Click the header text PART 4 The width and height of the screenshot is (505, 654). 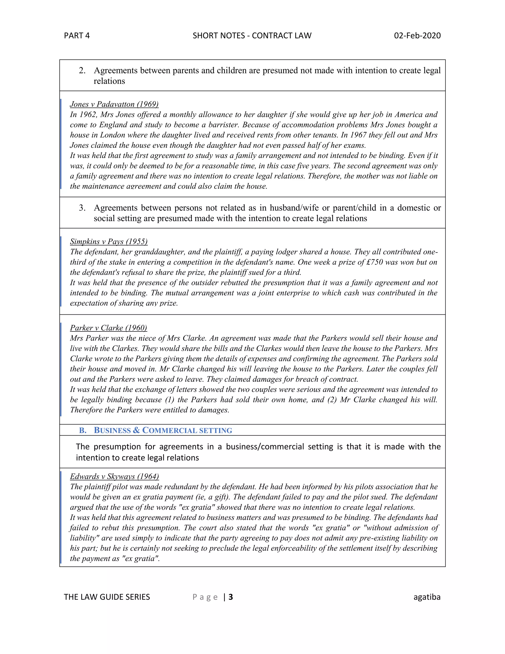(x=77, y=36)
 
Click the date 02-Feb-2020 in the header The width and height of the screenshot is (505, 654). (x=417, y=36)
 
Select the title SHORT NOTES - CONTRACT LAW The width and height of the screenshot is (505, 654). (x=252, y=36)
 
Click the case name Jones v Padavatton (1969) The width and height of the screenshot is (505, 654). (x=114, y=104)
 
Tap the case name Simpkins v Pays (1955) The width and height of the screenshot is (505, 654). (x=108, y=241)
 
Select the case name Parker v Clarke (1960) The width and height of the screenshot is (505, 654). (x=108, y=328)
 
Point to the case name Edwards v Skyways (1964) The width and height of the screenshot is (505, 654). (x=114, y=476)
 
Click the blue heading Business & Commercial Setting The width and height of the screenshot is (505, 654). (x=163, y=430)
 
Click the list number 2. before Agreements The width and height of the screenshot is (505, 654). (x=82, y=71)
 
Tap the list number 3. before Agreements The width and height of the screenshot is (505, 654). (x=82, y=208)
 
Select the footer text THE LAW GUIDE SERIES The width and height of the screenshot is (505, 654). (x=107, y=597)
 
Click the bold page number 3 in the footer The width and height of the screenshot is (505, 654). (x=231, y=597)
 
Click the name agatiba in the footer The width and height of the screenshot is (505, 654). (x=427, y=597)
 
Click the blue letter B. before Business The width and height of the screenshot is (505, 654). (x=83, y=430)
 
